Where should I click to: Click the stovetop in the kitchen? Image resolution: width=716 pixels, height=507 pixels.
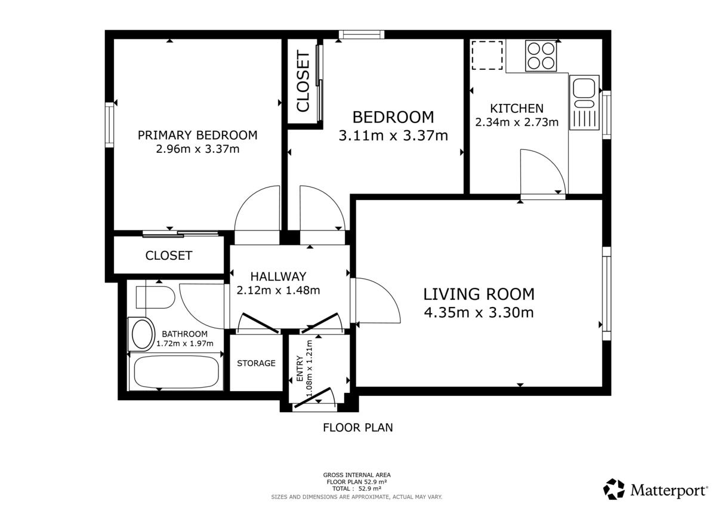541,56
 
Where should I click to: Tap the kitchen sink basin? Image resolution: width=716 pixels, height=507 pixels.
584,88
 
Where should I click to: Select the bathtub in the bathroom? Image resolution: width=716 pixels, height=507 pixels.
177,372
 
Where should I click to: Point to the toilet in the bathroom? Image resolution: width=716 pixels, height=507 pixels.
155,297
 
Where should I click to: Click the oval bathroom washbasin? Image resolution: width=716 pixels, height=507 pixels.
142,334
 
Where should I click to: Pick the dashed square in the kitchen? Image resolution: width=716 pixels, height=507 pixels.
487,55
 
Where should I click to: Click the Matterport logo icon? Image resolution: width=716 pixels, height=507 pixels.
614,489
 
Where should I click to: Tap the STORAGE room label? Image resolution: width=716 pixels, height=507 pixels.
256,363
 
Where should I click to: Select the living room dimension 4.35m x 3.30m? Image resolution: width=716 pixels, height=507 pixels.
479,312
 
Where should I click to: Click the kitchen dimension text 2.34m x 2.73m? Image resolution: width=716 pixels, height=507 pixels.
517,122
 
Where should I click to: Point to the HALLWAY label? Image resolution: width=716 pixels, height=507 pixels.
278,276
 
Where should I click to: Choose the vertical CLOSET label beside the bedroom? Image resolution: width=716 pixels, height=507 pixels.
303,81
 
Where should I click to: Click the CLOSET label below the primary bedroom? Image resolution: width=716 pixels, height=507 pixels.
169,255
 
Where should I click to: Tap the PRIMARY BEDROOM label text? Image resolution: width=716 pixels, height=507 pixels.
197,135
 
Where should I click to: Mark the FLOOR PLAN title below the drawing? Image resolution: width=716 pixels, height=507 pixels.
357,428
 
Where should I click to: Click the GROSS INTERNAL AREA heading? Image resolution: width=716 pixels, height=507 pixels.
357,475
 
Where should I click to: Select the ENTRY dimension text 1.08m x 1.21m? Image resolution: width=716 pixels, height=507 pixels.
309,368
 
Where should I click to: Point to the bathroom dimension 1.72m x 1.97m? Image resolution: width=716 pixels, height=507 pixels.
185,344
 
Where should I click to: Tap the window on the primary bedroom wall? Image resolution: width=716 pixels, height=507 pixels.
109,125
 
